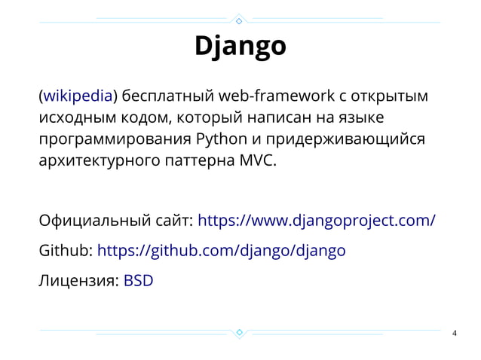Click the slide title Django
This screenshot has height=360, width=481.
point(240,47)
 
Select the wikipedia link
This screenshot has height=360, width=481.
point(78,96)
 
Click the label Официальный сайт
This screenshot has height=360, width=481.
point(117,221)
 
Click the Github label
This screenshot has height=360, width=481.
point(66,250)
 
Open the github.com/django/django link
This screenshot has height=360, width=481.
point(222,250)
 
